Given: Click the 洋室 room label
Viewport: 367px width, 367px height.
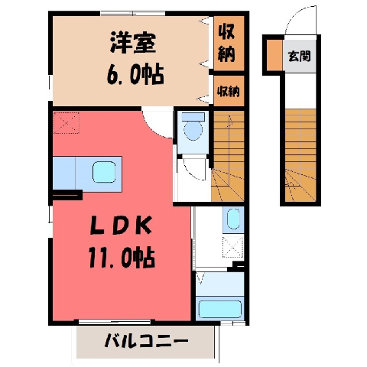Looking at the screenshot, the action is (x=133, y=43).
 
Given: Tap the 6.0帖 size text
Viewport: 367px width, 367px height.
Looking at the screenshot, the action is (x=135, y=74).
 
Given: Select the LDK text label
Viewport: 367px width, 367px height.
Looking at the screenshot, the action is (x=122, y=226).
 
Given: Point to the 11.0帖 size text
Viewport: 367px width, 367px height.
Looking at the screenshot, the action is (x=122, y=257).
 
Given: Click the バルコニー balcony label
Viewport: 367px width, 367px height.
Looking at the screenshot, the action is (x=147, y=340).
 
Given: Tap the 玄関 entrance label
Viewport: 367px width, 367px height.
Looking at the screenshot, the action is (x=299, y=56).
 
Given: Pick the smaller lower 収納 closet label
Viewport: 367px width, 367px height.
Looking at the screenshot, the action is (x=229, y=91).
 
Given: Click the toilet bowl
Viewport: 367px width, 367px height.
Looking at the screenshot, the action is (x=193, y=130).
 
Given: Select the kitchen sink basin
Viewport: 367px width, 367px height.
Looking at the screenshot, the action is (x=104, y=172).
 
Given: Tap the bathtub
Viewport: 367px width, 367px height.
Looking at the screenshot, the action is (x=219, y=309).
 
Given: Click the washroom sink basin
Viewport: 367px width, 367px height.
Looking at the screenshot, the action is (x=233, y=219).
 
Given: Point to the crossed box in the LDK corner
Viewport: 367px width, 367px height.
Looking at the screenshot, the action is (x=67, y=123).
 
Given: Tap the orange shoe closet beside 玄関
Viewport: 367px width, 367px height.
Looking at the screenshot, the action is (x=275, y=55).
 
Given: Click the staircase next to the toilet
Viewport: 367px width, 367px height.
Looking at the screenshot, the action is (x=228, y=156).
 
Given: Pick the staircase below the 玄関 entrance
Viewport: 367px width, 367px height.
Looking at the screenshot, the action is (x=300, y=155).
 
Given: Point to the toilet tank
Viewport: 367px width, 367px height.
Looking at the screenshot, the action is (x=193, y=117).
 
